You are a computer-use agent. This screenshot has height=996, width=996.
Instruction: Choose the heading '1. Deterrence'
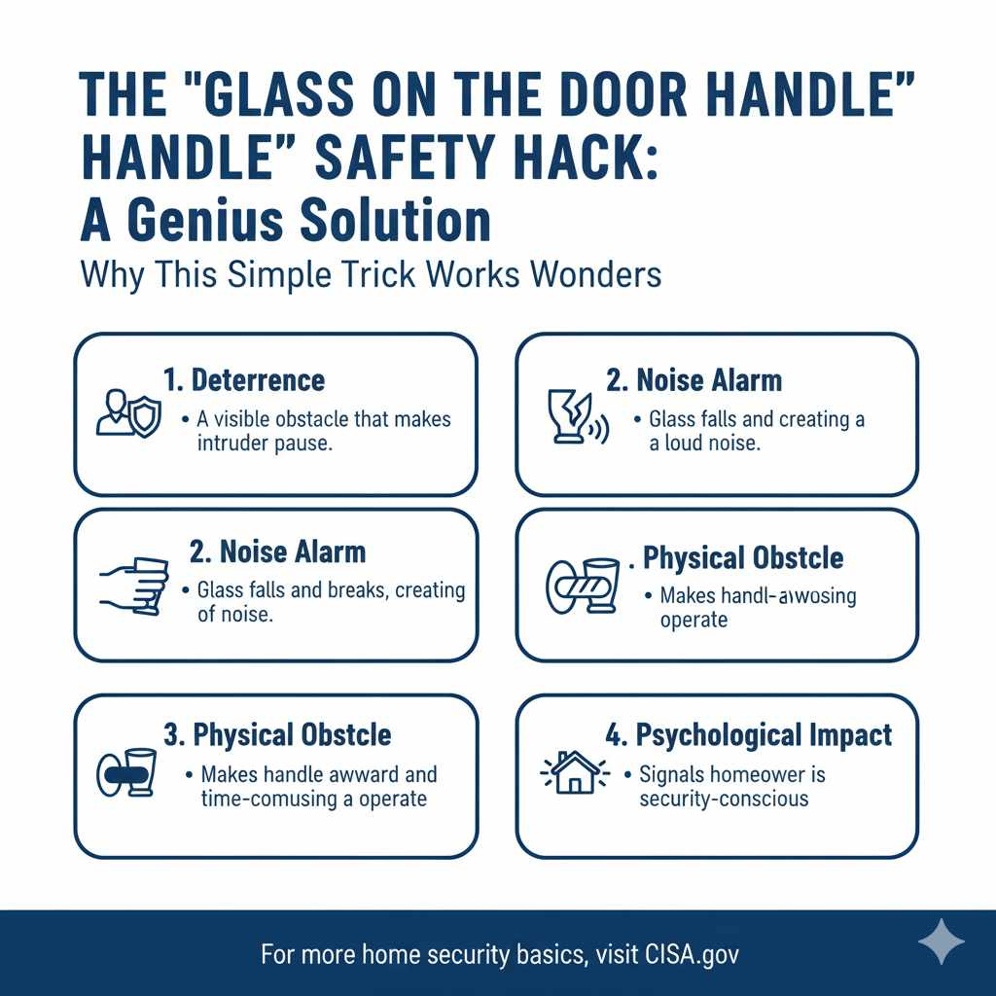244,379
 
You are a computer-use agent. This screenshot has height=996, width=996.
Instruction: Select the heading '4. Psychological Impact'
748,734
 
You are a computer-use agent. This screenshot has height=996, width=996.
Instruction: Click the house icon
573,775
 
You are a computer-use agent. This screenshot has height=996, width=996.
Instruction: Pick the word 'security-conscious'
724,799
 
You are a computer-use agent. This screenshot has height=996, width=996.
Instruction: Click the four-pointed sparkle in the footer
941,943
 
